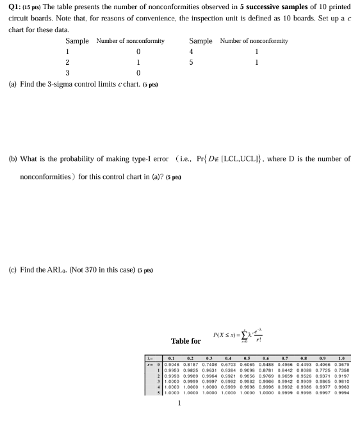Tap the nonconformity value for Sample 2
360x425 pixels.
pos(138,62)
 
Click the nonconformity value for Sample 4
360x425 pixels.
pos(256,51)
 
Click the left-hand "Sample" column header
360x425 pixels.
pos(77,40)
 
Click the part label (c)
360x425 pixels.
pos(13,270)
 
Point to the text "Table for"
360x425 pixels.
pos(186,341)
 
